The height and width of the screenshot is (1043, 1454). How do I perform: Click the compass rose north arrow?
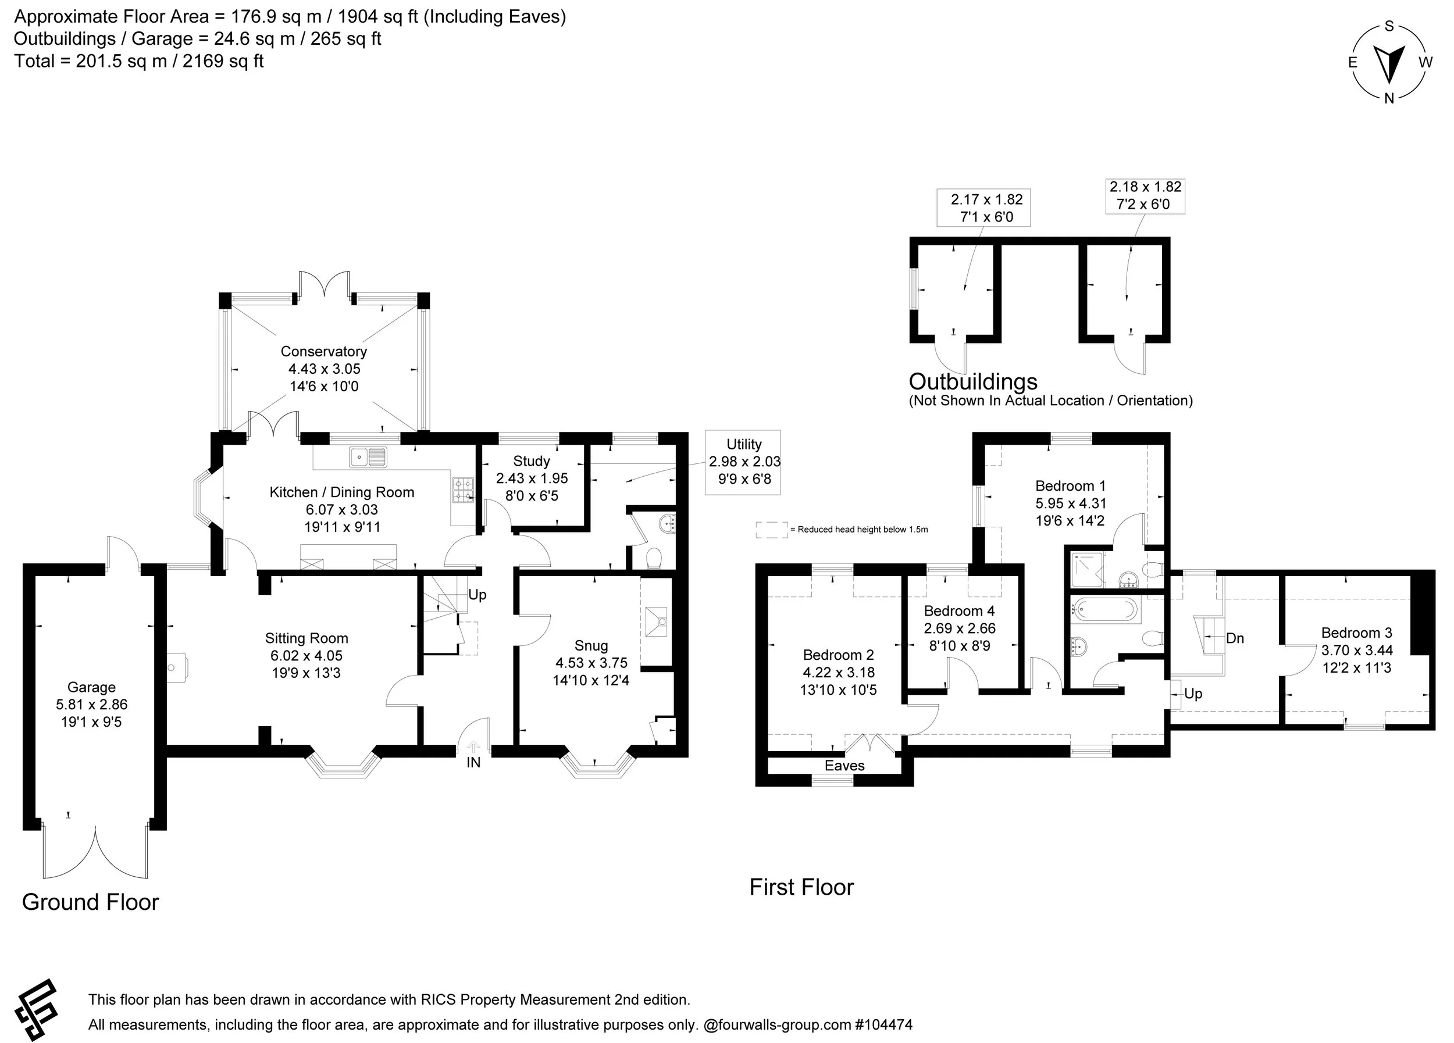coord(1389,66)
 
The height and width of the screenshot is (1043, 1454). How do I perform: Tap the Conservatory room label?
coord(324,351)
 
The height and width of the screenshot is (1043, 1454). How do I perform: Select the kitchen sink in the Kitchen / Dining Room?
coord(368,457)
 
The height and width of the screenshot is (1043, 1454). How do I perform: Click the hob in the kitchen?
coord(463,490)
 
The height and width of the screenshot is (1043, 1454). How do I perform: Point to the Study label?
coord(532,460)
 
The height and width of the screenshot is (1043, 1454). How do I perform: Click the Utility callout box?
coord(743,462)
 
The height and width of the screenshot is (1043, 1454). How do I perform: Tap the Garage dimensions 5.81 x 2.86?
coord(92,704)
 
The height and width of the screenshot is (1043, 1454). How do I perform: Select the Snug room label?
coord(591,645)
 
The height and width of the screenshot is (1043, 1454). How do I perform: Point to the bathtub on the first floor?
coord(1105,610)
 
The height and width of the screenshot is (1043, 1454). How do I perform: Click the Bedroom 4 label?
coord(959,610)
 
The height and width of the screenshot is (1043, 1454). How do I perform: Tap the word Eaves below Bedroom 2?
coord(844,766)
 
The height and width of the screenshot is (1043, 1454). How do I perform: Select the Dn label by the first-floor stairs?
coord(1235,638)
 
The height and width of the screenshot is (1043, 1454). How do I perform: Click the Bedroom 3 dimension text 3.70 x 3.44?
coord(1356,649)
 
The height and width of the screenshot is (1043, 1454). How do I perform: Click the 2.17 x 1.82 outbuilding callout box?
coord(983,208)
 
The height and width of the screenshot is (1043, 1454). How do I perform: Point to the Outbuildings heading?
coord(973,381)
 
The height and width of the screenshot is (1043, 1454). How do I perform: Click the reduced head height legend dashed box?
coord(772,530)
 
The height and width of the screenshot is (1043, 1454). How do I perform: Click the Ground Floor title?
coord(90,902)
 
